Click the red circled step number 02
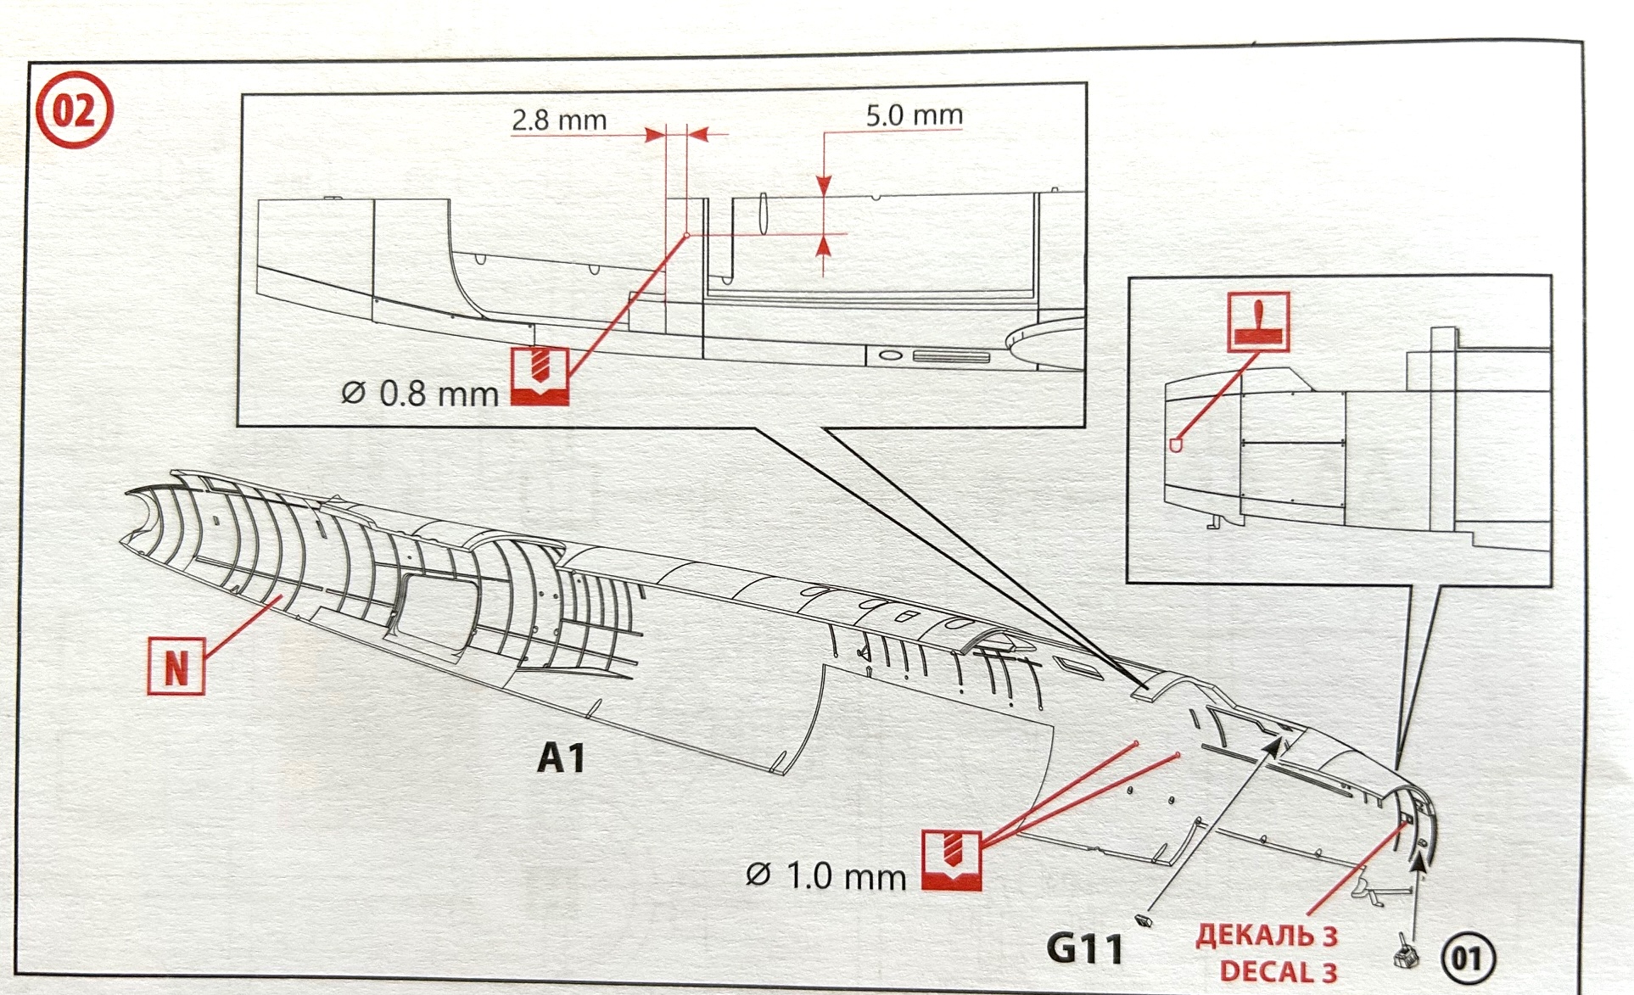[x=74, y=110]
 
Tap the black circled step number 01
[x=1468, y=957]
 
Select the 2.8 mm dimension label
[x=559, y=120]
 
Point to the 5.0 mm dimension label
[x=914, y=115]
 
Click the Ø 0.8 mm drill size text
[x=420, y=394]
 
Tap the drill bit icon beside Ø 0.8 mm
[x=540, y=376]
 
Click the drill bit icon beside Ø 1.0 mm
[x=952, y=860]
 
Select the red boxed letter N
[x=176, y=667]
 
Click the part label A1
[x=561, y=757]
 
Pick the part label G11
[x=1085, y=947]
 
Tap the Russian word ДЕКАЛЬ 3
[x=1267, y=936]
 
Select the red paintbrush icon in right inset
[x=1258, y=321]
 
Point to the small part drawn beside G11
[x=1143, y=920]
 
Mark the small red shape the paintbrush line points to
[x=1176, y=444]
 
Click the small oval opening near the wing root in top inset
[x=889, y=355]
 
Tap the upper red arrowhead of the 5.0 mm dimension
[x=824, y=185]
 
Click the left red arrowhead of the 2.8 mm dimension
[x=654, y=135]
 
